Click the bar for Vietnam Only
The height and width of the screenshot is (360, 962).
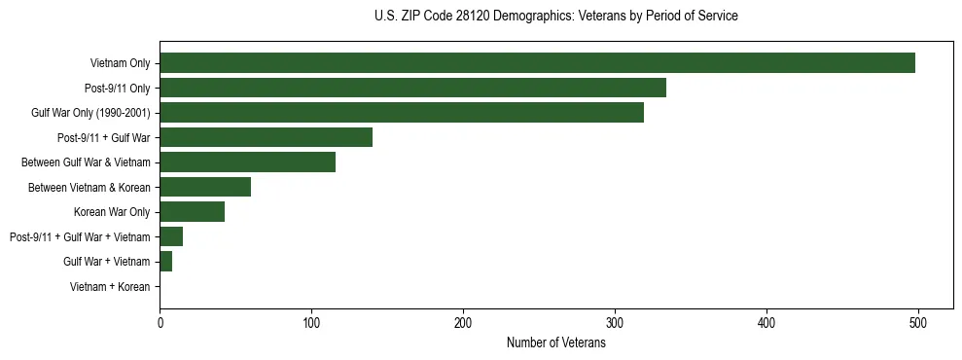coord(537,63)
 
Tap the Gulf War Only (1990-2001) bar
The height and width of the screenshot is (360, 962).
coord(402,113)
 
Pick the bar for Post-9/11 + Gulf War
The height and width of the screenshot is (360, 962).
coord(266,137)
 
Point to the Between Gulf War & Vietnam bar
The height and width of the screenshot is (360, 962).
coord(247,162)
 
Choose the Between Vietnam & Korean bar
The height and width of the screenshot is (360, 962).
coord(205,187)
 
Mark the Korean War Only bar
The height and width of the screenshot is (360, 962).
coord(192,212)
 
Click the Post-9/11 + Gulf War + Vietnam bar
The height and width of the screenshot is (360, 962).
coord(171,236)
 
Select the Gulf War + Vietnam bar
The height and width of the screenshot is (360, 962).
coord(165,262)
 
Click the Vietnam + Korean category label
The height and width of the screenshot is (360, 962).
coord(110,287)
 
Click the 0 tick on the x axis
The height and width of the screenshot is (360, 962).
coord(160,323)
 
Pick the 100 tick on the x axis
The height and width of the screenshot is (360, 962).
coord(311,323)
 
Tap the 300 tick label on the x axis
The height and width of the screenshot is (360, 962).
coord(615,323)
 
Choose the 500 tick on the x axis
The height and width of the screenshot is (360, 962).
coord(918,323)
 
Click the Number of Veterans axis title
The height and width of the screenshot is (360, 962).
coord(555,342)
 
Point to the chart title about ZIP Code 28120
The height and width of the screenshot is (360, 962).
coord(555,17)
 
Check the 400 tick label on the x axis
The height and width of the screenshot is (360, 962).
coord(766,323)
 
